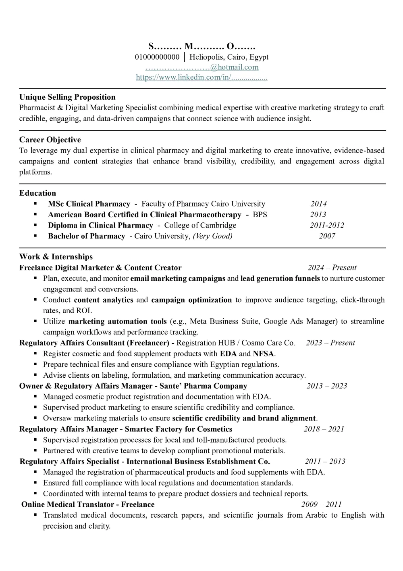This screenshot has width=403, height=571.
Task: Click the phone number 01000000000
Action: pyautogui.click(x=157, y=57)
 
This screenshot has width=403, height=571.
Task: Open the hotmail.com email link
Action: pyautogui.click(x=202, y=67)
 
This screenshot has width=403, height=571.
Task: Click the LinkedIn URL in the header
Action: pyautogui.click(x=201, y=77)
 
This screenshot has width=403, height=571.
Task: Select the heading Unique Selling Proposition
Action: pyautogui.click(x=67, y=97)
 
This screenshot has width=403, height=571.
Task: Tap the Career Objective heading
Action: pyautogui.click(x=50, y=140)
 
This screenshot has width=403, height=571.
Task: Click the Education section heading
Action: pyautogui.click(x=37, y=193)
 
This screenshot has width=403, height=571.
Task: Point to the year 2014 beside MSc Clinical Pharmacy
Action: pyautogui.click(x=318, y=204)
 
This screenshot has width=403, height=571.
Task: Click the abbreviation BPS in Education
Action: pyautogui.click(x=260, y=215)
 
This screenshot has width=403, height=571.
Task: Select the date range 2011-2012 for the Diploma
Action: pyautogui.click(x=327, y=225)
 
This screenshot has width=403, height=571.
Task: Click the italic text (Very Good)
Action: pyautogui.click(x=212, y=236)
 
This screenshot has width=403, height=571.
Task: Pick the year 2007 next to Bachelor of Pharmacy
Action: pyautogui.click(x=327, y=236)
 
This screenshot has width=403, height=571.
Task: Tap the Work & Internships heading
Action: pyautogui.click(x=56, y=257)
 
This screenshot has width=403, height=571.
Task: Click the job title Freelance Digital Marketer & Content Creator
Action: pyautogui.click(x=100, y=268)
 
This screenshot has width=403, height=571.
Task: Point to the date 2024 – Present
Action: pyautogui.click(x=332, y=268)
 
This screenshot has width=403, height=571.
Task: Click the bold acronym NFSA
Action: pyautogui.click(x=264, y=354)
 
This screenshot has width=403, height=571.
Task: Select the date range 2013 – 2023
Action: pyautogui.click(x=326, y=386)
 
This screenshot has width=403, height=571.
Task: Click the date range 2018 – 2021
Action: pyautogui.click(x=324, y=429)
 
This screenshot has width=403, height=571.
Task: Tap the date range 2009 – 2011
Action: pyautogui.click(x=321, y=504)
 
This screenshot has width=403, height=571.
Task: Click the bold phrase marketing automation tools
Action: pyautogui.click(x=117, y=322)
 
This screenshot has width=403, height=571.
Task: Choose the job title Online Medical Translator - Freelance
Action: pyautogui.click(x=88, y=504)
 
